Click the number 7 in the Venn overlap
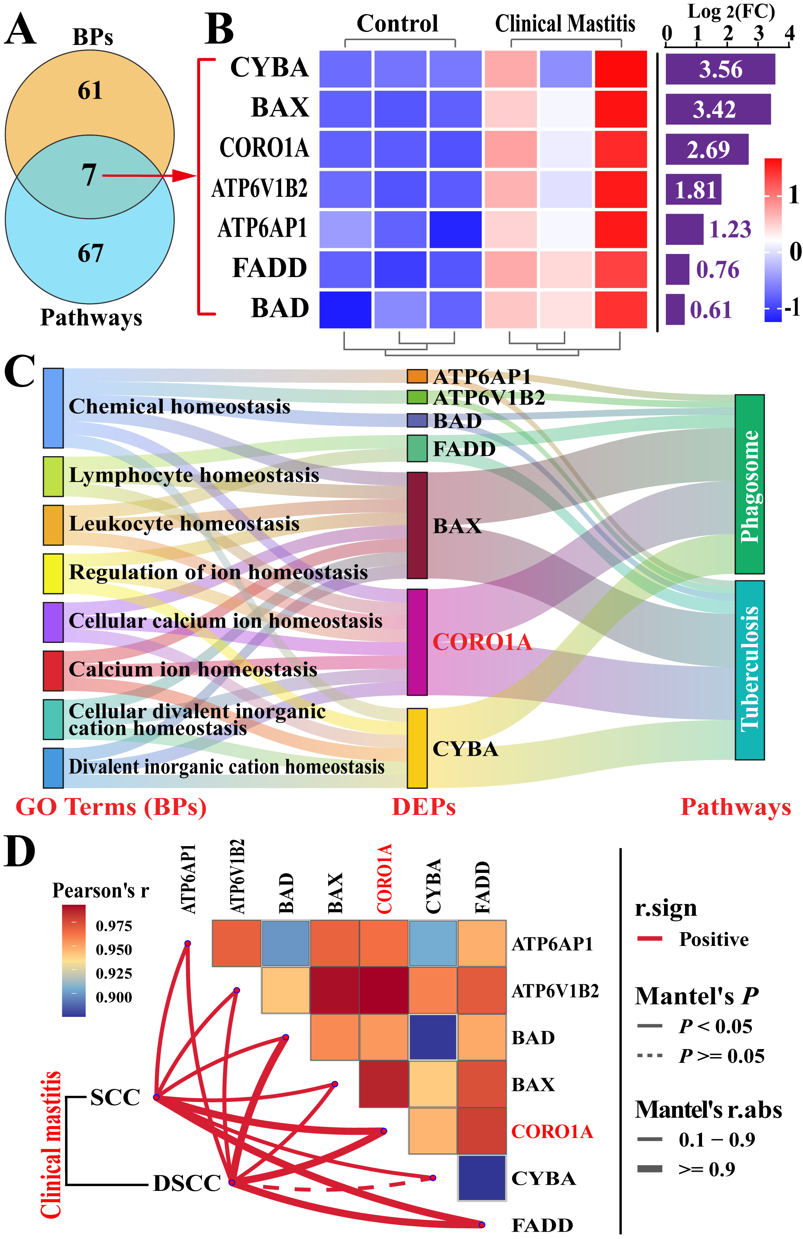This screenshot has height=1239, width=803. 89,175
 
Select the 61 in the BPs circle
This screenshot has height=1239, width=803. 90,90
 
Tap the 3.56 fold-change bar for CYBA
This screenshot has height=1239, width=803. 720,69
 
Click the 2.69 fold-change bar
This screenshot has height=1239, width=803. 707,150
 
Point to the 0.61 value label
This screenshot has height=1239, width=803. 711,310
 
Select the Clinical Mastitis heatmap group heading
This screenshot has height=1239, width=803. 565,24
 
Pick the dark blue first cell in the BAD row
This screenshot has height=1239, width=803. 345,310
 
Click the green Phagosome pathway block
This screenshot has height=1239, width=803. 749,484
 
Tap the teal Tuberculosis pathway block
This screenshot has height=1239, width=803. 749,670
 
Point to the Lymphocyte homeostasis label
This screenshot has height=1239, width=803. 194,475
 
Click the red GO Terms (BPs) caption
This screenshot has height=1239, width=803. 111,807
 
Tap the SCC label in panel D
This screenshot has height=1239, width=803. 115,1097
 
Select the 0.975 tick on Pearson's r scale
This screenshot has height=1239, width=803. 114,926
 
